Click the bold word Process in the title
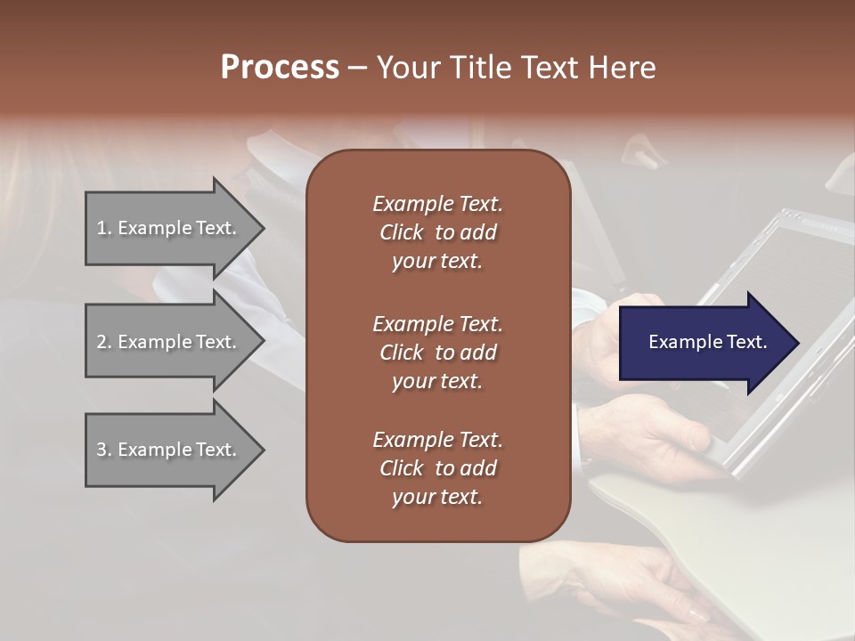[x=280, y=68]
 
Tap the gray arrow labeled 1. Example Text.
[x=169, y=228]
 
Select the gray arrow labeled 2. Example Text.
[x=169, y=342]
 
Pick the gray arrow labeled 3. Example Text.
[x=169, y=450]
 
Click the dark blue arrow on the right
[x=704, y=342]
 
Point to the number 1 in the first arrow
[x=102, y=228]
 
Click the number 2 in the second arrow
[x=102, y=342]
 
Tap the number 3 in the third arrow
[x=102, y=450]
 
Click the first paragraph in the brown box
[x=437, y=232]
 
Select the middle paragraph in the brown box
[x=437, y=352]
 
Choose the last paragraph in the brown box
[x=437, y=468]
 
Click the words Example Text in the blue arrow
[x=707, y=342]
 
